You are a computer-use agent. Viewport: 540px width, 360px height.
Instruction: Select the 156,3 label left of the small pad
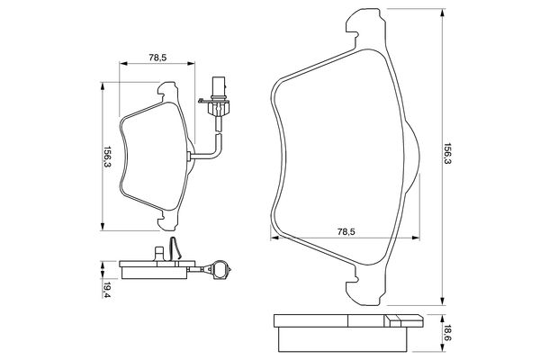tap(106, 156)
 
